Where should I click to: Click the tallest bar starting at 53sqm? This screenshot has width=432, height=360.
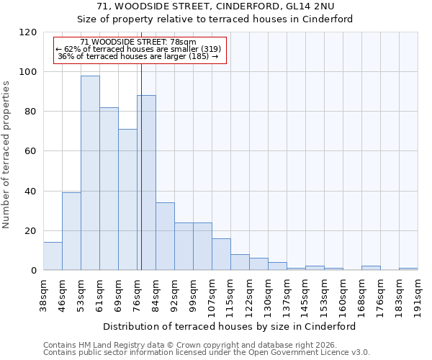[x=90, y=173]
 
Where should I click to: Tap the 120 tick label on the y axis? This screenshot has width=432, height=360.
[x=28, y=32]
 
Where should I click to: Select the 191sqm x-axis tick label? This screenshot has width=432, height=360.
[x=418, y=294]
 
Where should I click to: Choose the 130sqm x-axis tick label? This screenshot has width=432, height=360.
[x=268, y=294]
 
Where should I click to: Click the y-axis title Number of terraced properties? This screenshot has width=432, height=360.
[x=6, y=155]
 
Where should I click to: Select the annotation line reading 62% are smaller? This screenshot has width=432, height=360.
[x=138, y=49]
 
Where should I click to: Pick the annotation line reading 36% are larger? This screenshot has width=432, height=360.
[x=138, y=56]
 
